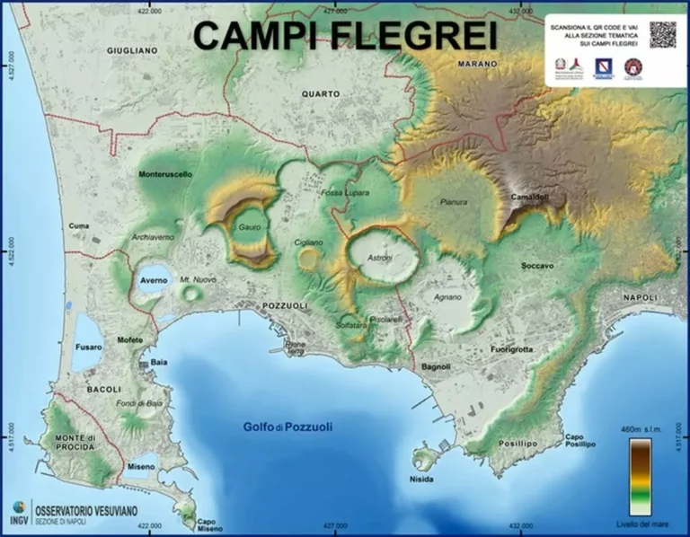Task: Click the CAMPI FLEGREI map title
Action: click(345, 36)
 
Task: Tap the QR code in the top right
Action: click(662, 34)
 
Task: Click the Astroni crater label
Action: click(380, 257)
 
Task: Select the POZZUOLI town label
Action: click(285, 306)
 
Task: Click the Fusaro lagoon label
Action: click(88, 347)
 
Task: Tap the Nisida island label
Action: click(420, 479)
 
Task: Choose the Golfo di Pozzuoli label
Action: click(287, 427)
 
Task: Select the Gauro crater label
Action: click(250, 228)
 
